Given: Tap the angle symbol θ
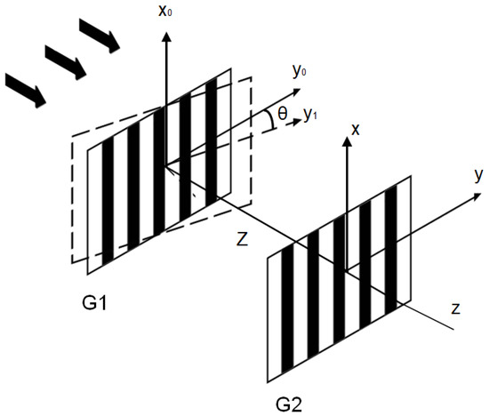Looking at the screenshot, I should tap(284, 115).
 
